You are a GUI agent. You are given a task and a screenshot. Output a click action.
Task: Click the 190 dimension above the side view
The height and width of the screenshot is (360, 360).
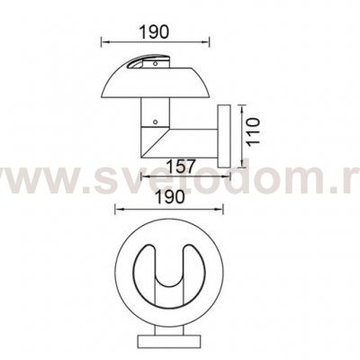[155, 31]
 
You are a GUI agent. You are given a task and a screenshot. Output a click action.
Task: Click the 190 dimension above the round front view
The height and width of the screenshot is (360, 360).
[168, 193]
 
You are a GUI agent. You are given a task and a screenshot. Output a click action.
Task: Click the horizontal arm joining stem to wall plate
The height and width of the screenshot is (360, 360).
[184, 140]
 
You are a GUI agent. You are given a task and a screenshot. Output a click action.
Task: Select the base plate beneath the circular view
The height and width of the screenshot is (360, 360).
[168, 343]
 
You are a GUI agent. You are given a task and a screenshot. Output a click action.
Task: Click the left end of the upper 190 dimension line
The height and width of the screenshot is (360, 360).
[101, 41]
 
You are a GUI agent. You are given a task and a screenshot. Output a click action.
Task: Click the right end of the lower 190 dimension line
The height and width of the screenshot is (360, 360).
[220, 208]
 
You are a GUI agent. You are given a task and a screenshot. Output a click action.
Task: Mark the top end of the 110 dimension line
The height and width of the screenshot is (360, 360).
[244, 104]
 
